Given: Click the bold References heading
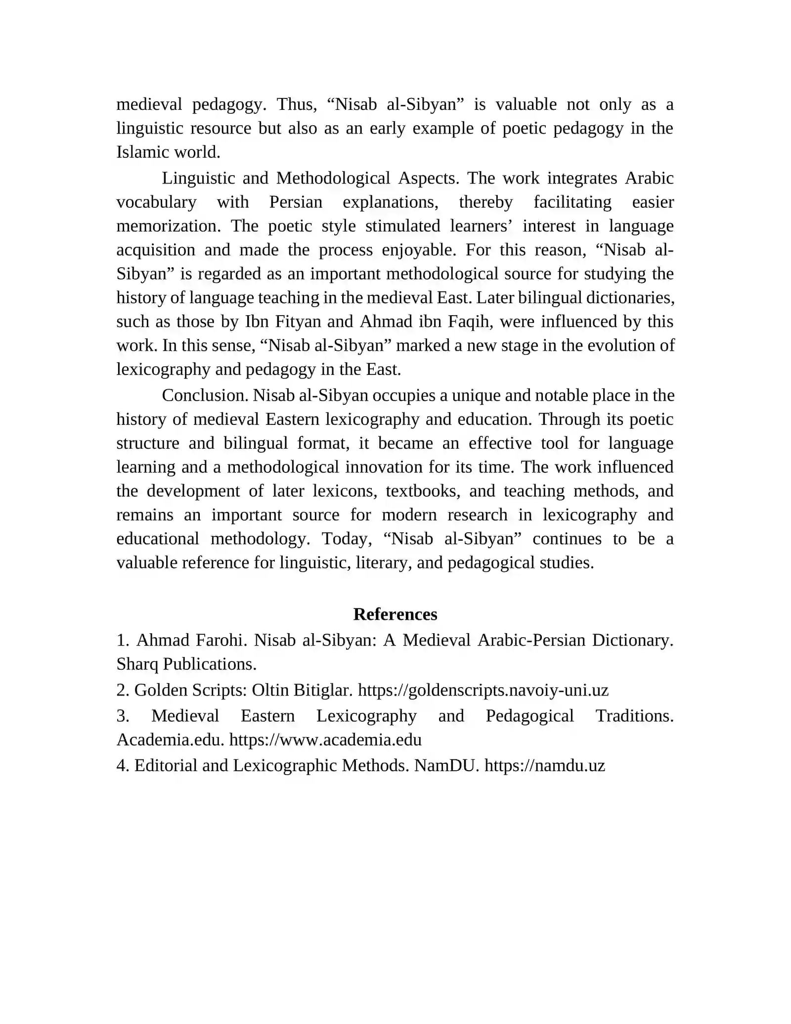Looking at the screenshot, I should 395,614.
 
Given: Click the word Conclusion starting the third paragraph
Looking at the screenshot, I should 205,395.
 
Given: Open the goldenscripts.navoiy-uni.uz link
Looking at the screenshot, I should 483,690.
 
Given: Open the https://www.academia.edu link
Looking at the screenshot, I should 325,740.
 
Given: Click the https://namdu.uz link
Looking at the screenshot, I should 544,765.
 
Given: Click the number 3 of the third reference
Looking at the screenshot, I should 123,715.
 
